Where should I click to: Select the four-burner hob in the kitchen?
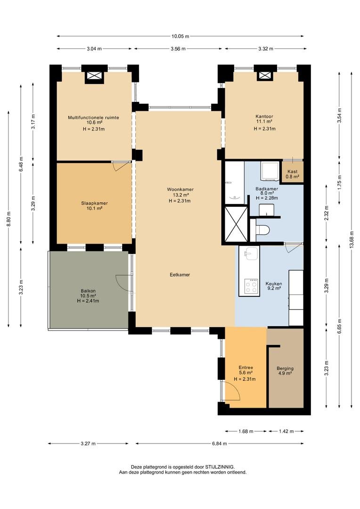(251, 286)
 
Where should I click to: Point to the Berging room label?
(285, 369)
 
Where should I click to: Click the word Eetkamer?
(180, 274)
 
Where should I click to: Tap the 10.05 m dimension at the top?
(180, 36)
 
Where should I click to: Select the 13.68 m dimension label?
(352, 241)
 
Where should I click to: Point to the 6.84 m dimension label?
(219, 443)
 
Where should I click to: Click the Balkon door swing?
(122, 282)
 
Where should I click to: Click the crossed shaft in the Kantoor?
(266, 75)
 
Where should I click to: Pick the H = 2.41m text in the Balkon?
(88, 301)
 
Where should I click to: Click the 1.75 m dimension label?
(339, 181)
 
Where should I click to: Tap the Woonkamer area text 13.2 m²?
(180, 195)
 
